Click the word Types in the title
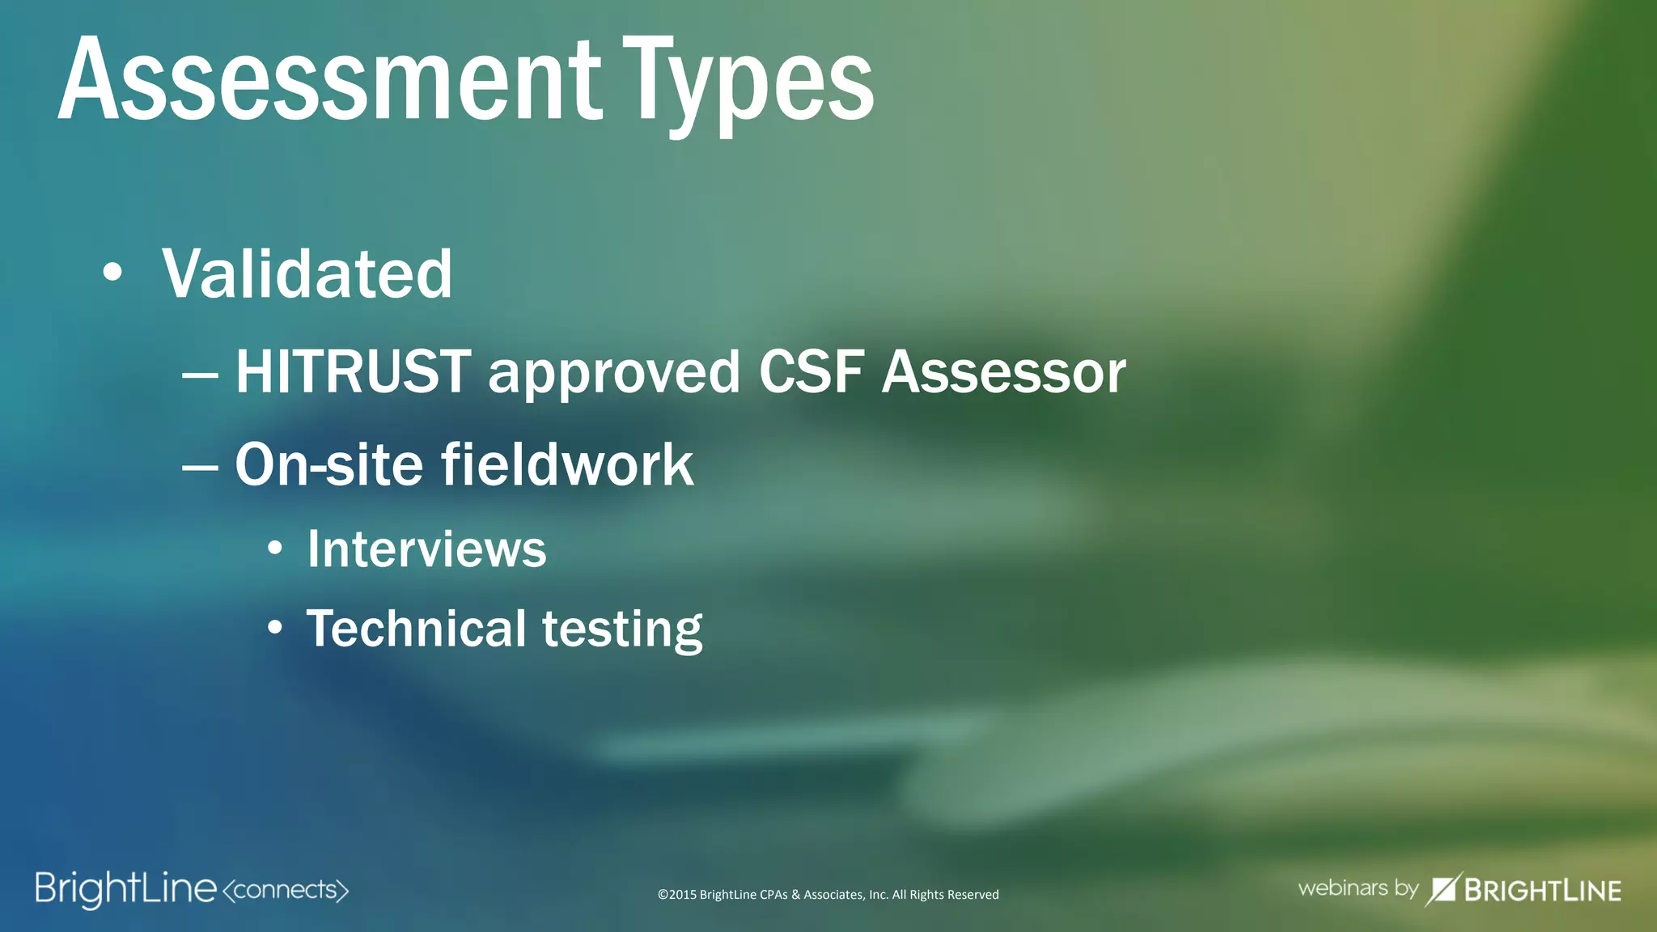pyautogui.click(x=748, y=85)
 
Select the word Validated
pyautogui.click(x=307, y=274)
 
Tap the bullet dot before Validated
pyautogui.click(x=112, y=273)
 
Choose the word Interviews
pyautogui.click(x=426, y=549)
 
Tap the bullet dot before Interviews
pyautogui.click(x=275, y=549)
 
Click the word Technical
pyautogui.click(x=416, y=629)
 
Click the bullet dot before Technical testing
pyautogui.click(x=275, y=628)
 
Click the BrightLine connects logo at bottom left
pyautogui.click(x=192, y=890)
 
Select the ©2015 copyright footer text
pyautogui.click(x=828, y=895)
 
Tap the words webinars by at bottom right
pyautogui.click(x=1358, y=888)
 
